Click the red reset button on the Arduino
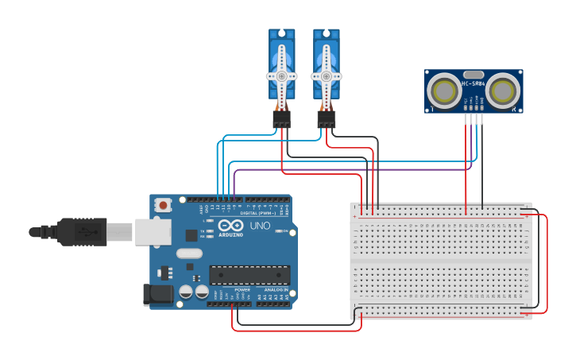[163, 204]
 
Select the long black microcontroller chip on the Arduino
[249, 275]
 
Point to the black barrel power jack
[157, 295]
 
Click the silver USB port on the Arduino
[152, 232]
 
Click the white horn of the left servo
[281, 76]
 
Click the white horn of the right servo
[326, 76]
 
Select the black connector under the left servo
[281, 119]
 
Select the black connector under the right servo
[326, 119]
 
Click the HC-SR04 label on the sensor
[474, 83]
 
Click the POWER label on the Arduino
[242, 289]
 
